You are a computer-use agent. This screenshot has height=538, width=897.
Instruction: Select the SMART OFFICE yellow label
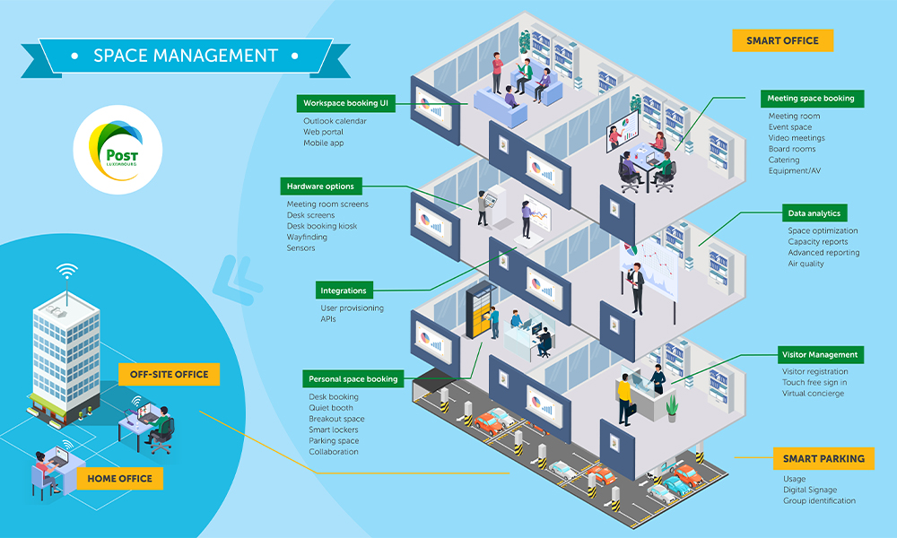781,40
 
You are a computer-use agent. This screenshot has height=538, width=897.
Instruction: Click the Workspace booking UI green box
345,103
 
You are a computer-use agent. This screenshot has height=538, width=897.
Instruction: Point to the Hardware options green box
320,187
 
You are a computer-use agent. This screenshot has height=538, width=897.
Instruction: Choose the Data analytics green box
814,213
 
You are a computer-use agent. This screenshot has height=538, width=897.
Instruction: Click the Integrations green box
344,291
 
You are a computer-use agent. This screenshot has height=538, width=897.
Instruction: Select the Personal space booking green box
351,378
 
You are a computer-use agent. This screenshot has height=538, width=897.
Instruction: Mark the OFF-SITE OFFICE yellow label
169,374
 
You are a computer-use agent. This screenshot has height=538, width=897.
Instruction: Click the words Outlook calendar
335,121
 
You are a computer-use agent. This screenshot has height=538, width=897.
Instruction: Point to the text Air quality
806,264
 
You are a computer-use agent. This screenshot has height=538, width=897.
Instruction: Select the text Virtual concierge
813,394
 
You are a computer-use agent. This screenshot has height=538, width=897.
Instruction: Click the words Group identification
819,501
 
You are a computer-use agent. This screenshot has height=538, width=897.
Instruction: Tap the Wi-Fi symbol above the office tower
65,271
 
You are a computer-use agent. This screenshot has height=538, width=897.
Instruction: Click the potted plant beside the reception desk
672,408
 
